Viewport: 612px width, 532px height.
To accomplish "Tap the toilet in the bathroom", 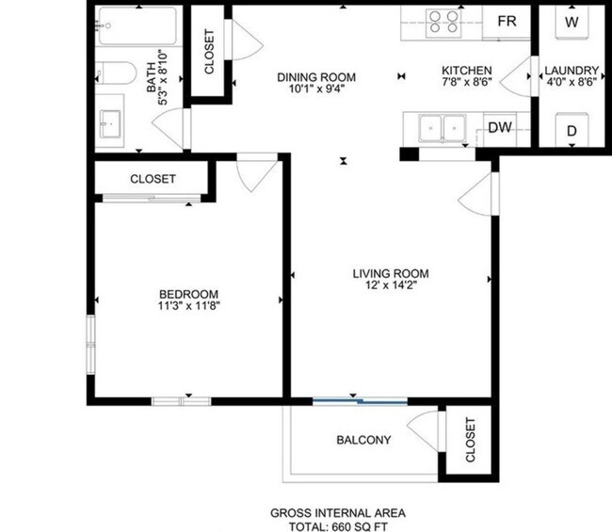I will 112,73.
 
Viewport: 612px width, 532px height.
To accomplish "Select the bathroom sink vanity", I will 111,122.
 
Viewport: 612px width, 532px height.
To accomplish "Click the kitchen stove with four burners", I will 441,20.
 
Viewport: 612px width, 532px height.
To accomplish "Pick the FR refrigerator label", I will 507,20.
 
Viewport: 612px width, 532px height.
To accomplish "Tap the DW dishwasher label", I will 499,128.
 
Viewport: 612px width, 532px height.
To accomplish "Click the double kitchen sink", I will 442,126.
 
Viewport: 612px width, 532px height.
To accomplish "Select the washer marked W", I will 572,20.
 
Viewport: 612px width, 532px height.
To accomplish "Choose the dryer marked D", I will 572,131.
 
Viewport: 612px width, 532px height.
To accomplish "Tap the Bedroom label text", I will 188,293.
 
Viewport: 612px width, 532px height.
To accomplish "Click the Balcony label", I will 363,440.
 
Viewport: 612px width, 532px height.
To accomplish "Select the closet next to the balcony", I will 469,438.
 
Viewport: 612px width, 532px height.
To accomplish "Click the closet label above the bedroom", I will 153,178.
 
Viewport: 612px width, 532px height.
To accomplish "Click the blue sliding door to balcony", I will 360,401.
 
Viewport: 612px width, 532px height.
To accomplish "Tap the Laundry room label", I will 572,71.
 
